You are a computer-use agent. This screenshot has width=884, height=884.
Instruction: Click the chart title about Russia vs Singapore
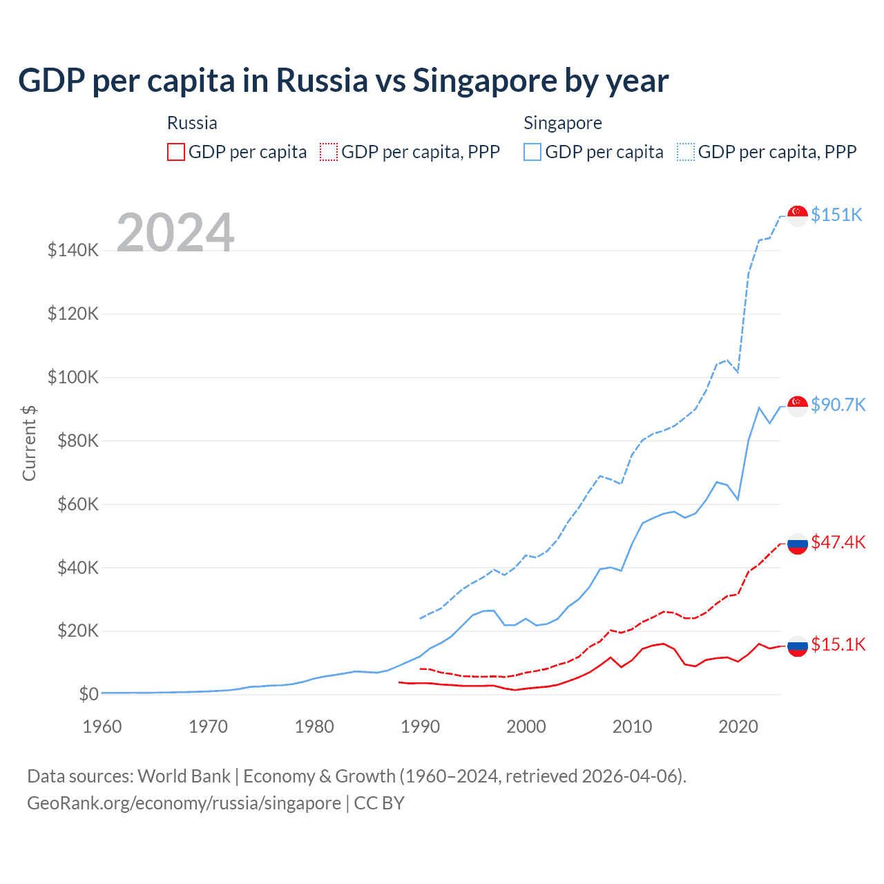pos(343,81)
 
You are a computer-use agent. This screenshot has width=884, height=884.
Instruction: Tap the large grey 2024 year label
pos(175,233)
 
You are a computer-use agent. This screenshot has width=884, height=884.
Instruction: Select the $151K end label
pos(836,215)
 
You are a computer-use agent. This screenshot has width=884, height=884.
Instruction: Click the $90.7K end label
pos(838,405)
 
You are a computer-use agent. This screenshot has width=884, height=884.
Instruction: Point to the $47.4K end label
pos(838,542)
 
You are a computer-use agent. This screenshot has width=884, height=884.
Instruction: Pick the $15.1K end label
pos(838,644)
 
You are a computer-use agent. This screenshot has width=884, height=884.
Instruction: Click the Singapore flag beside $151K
pos(798,215)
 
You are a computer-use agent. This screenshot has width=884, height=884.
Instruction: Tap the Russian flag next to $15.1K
pos(798,646)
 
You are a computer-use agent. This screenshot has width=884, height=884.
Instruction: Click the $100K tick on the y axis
pos(73,377)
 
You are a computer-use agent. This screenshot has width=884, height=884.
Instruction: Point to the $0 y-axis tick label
pos(88,694)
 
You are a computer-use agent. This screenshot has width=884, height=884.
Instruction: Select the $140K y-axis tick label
pos(73,250)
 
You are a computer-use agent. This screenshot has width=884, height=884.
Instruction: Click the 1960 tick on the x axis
pos(102,727)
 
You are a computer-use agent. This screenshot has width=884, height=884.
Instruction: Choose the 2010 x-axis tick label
pos(632,727)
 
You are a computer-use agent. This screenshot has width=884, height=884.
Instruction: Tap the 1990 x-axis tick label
pos(420,727)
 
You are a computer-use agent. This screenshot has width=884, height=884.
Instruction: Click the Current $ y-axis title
pos(29,443)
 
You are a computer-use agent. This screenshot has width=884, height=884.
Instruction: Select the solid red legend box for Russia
pos(176,152)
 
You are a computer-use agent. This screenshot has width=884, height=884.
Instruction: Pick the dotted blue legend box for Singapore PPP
pos(686,152)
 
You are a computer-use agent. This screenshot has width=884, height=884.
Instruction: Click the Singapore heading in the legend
pos(562,123)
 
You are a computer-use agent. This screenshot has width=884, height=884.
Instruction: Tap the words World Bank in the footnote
pos(184,776)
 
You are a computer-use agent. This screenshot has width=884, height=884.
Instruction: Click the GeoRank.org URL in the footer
pos(184,803)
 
